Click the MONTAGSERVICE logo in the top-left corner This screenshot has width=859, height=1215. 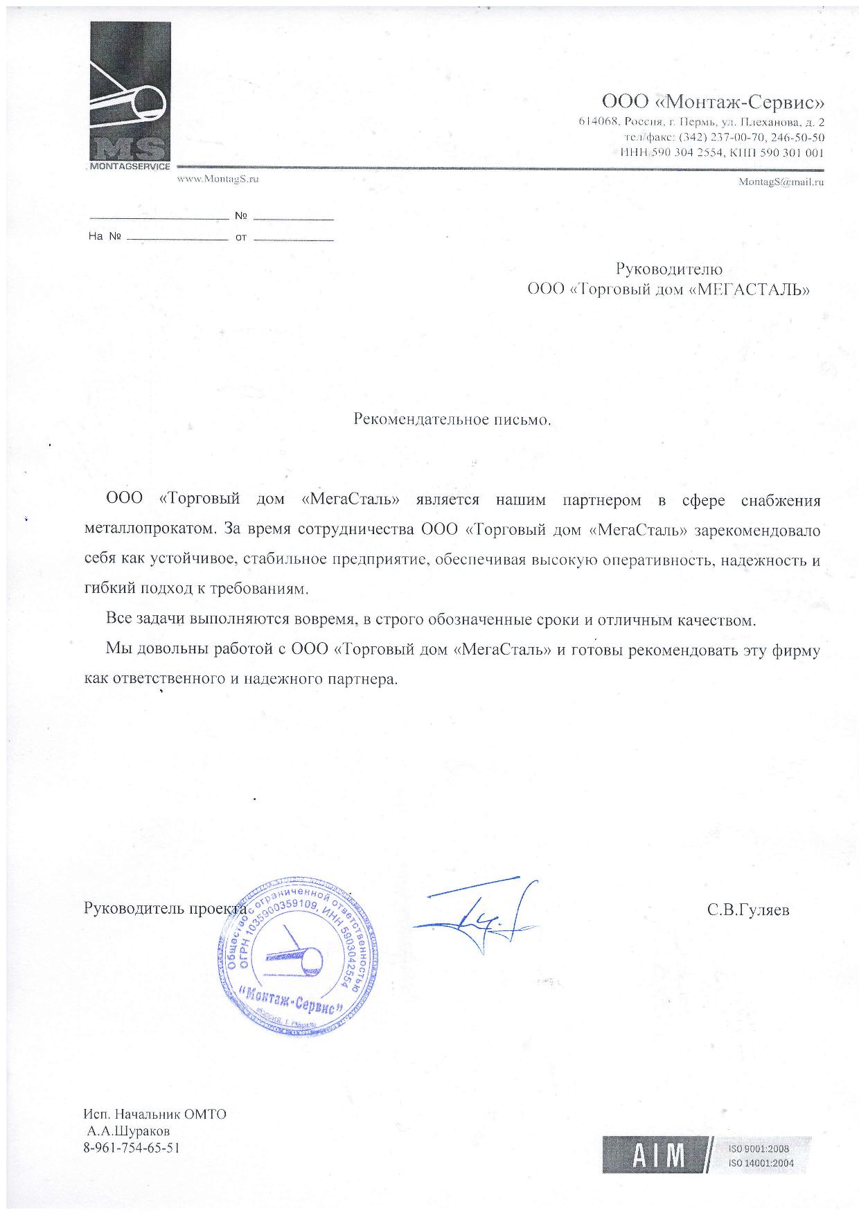pyautogui.click(x=130, y=96)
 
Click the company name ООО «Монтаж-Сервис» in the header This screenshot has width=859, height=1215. pyautogui.click(x=713, y=103)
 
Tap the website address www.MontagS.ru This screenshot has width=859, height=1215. pyautogui.click(x=218, y=179)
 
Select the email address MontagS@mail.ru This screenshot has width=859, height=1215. pyautogui.click(x=781, y=182)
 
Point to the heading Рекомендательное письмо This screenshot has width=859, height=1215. pyautogui.click(x=452, y=419)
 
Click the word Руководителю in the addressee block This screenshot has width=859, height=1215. pyautogui.click(x=668, y=269)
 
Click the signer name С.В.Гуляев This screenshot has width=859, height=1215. pyautogui.click(x=748, y=910)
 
